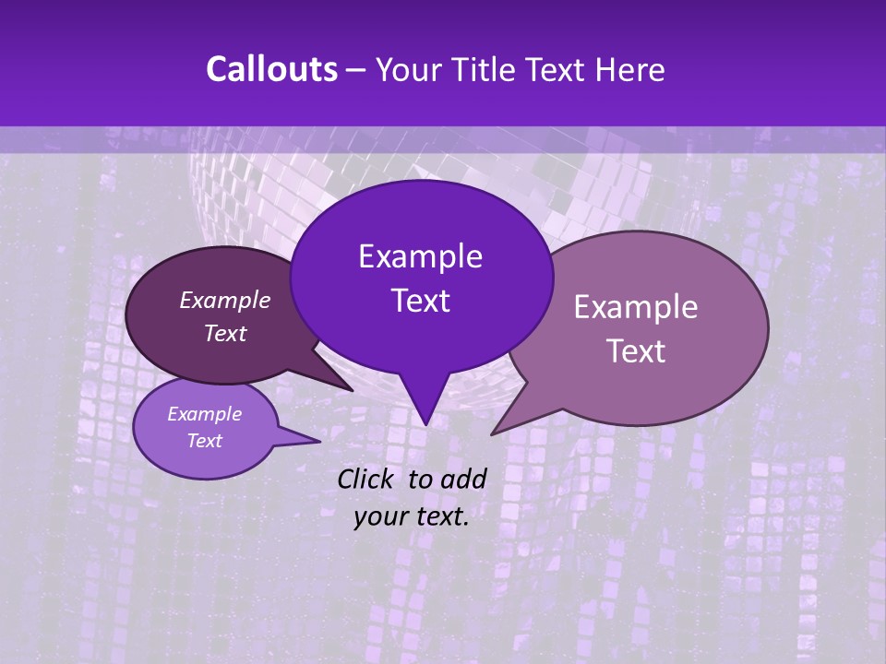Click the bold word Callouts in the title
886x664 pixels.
(x=271, y=70)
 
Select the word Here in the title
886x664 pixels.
(x=628, y=70)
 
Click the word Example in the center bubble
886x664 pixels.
(x=420, y=256)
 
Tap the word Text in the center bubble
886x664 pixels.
(x=420, y=301)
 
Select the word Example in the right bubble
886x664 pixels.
(x=636, y=307)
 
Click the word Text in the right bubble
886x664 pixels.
(x=636, y=351)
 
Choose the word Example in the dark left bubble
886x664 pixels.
(x=225, y=300)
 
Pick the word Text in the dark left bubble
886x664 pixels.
(x=225, y=333)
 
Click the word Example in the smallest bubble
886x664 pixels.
(x=204, y=414)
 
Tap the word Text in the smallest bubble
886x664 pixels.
(x=204, y=441)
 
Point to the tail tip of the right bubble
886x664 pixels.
(x=492, y=433)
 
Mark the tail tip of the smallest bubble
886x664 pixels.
(x=319, y=442)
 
